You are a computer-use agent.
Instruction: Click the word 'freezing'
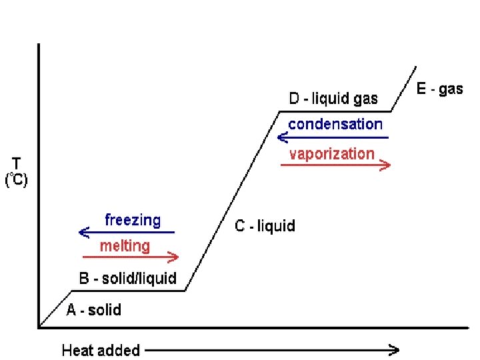pos(133,220)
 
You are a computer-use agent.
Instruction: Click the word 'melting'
pos(125,245)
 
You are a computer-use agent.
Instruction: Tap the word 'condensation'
pos(335,124)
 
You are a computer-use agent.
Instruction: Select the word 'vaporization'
pos(332,154)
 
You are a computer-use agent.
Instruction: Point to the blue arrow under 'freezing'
pos(126,233)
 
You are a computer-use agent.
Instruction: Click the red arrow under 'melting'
pos(131,257)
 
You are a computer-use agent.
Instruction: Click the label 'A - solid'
pos(94,310)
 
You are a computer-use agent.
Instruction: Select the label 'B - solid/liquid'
pos(128,279)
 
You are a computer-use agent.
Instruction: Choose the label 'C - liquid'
pos(265,227)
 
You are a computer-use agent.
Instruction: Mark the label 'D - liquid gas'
pos(333,99)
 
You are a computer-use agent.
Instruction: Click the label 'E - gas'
pos(439,89)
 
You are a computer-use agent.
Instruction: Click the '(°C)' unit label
pos(16,180)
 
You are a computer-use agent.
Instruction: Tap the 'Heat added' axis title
pos(101,350)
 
